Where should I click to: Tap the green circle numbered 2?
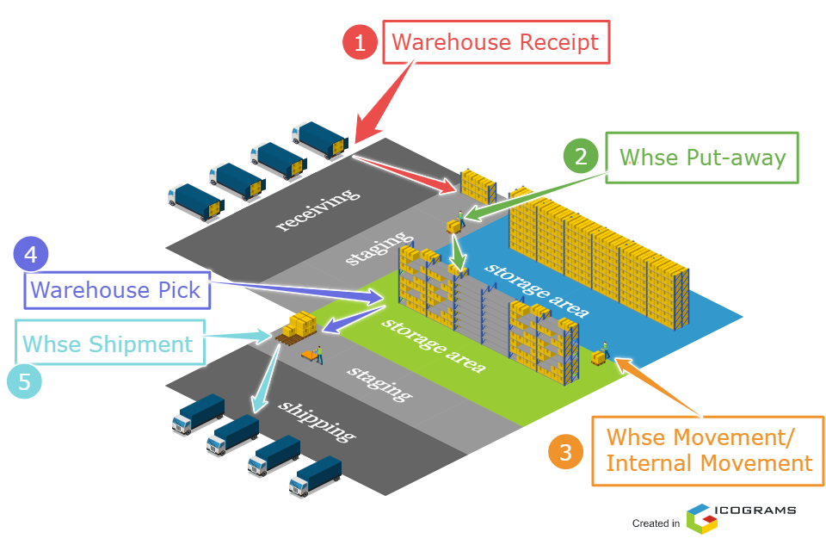click(x=581, y=157)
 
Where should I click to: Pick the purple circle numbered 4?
click(x=31, y=255)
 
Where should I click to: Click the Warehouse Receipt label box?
click(x=496, y=43)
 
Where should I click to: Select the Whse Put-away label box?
click(x=702, y=157)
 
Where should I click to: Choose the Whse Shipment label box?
click(x=109, y=344)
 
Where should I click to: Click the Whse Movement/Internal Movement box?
click(x=708, y=450)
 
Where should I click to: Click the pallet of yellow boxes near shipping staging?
click(x=299, y=326)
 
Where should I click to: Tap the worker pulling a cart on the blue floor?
click(x=605, y=350)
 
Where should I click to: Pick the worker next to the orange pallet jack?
click(x=319, y=354)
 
